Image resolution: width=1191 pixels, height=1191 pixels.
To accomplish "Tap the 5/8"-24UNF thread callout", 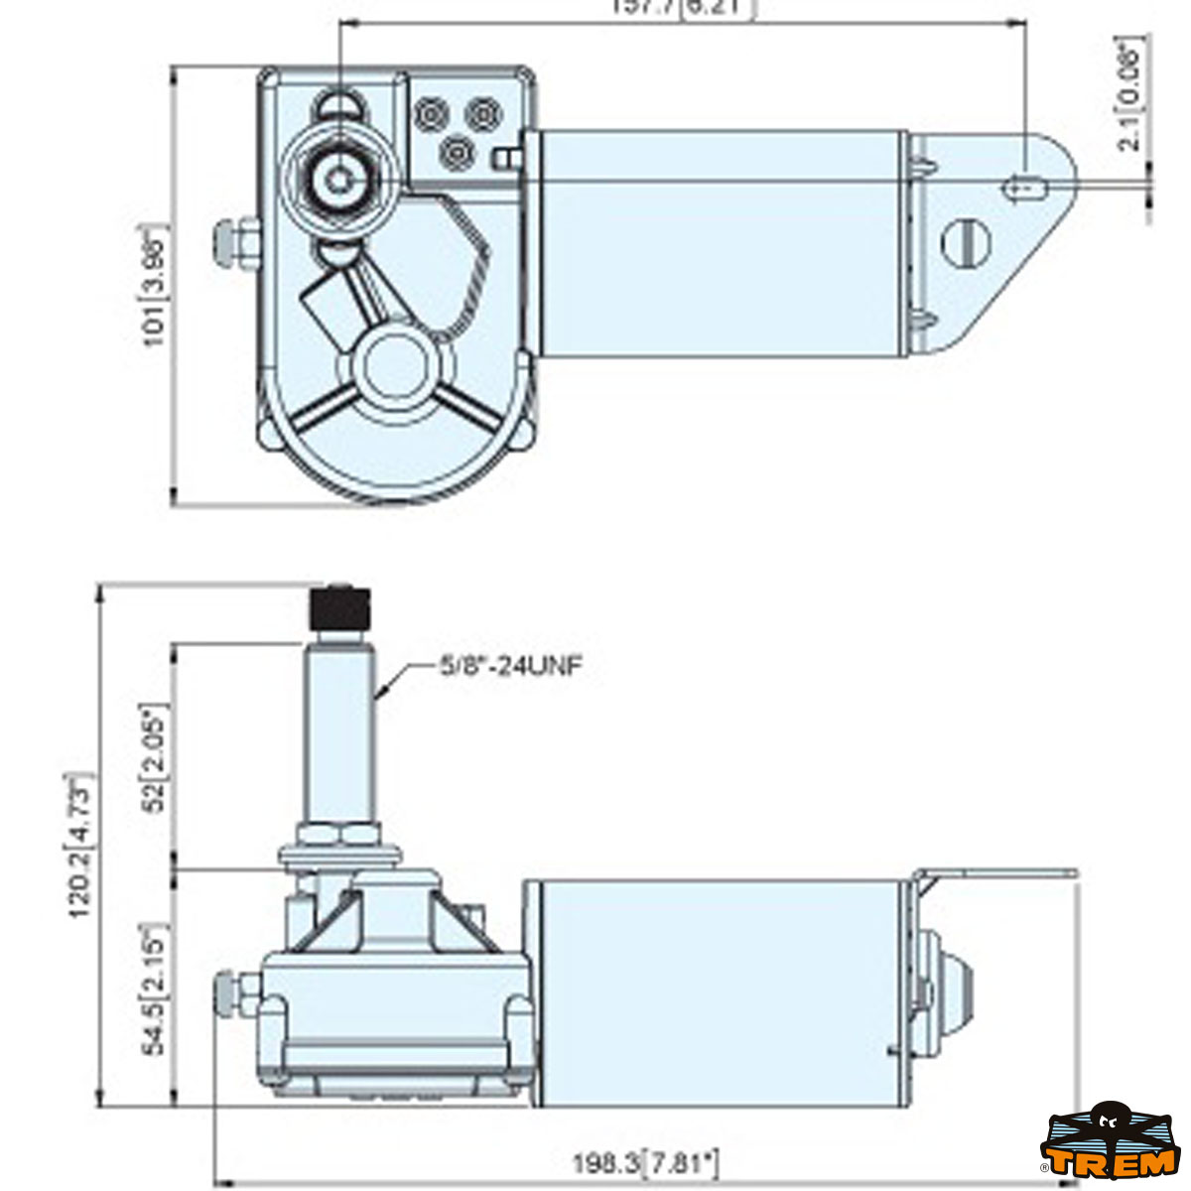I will click(510, 666).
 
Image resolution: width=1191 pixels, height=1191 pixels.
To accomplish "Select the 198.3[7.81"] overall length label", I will click(645, 1162).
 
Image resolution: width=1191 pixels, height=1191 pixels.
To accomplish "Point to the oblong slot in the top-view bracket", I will click(1026, 187).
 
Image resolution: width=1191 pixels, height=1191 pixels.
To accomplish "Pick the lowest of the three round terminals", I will click(457, 152).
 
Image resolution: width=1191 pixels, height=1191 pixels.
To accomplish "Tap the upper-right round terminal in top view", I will click(482, 115).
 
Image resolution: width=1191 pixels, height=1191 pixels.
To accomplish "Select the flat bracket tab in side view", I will click(997, 874).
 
